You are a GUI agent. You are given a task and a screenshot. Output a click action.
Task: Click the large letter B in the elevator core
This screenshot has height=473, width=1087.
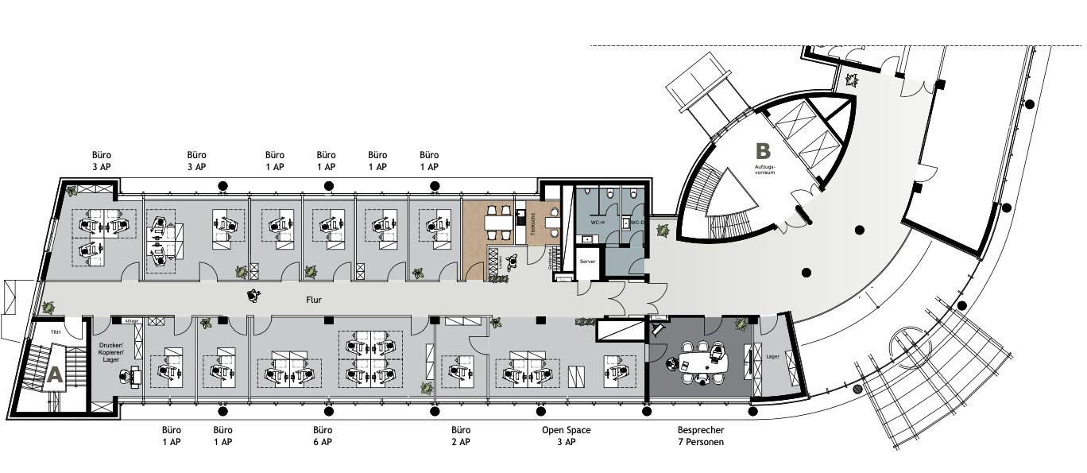pyautogui.click(x=763, y=150)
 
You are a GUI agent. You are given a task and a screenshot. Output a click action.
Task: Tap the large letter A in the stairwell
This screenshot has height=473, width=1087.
pyautogui.click(x=54, y=376)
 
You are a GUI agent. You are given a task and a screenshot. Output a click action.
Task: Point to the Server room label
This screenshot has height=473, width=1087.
pyautogui.click(x=587, y=261)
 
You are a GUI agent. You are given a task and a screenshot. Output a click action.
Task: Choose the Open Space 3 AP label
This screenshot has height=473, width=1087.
pyautogui.click(x=566, y=436)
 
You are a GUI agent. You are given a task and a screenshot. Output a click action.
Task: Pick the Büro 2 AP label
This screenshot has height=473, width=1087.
pyautogui.click(x=461, y=436)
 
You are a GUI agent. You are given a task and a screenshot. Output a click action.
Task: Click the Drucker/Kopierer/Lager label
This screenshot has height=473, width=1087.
pyautogui.click(x=110, y=351)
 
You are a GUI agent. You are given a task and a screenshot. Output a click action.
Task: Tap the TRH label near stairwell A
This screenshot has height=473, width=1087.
pyautogui.click(x=56, y=331)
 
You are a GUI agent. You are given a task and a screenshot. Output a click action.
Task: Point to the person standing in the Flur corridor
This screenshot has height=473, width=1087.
pyautogui.click(x=254, y=297)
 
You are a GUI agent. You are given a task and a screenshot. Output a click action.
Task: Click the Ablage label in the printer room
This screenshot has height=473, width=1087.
pyautogui.click(x=131, y=320)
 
